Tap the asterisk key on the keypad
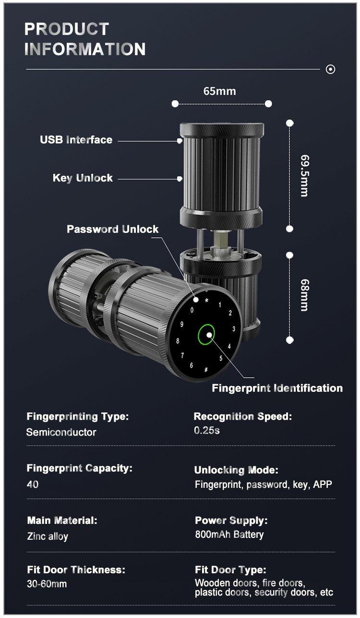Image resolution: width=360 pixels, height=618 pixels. (x=206, y=301)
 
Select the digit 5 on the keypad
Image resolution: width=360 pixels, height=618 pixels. (x=221, y=358)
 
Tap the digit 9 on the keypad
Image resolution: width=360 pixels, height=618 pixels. (x=182, y=324)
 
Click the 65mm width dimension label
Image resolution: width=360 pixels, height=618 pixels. (x=220, y=91)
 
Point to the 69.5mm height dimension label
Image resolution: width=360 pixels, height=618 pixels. (x=304, y=175)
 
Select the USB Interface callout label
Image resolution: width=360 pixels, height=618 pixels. (x=76, y=140)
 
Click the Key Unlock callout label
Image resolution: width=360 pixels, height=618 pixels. (x=83, y=178)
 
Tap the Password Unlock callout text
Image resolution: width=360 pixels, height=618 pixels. (x=112, y=229)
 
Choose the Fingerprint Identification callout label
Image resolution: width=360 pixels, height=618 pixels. (x=277, y=388)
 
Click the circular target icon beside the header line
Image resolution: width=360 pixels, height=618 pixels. (x=330, y=69)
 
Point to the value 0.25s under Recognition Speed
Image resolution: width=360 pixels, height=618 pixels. (x=207, y=430)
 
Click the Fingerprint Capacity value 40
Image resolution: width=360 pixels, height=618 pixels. (x=33, y=484)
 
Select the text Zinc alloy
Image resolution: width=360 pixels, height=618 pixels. (x=48, y=536)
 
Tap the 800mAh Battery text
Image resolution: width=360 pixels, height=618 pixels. (x=229, y=534)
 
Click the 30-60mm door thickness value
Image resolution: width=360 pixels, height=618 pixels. (x=47, y=584)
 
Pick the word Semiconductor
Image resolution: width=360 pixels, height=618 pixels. (x=61, y=432)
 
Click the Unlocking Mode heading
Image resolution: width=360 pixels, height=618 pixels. (x=236, y=470)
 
